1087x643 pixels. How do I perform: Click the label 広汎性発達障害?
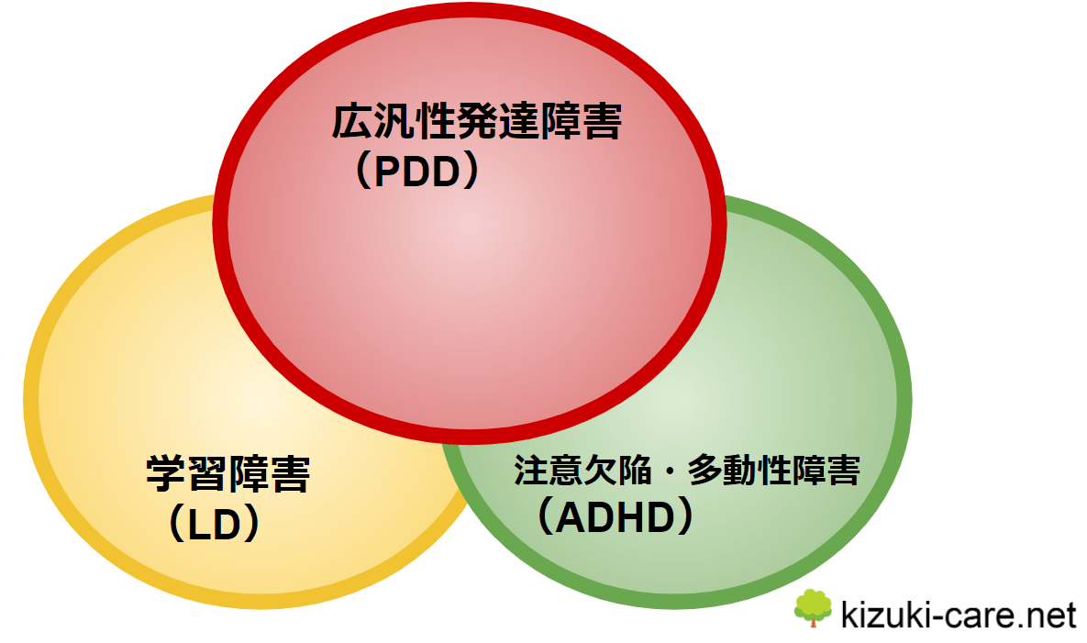click(476, 122)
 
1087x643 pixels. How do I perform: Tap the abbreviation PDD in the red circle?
click(416, 172)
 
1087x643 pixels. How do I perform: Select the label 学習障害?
click(227, 474)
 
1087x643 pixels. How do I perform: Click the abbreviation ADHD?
click(616, 517)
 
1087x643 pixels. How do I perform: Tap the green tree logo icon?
click(813, 608)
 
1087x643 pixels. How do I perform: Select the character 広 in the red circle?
click(351, 122)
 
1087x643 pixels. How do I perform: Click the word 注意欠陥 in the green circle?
click(582, 471)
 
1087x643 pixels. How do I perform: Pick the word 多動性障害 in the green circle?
click(773, 471)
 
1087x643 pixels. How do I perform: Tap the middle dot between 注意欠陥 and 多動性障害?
click(669, 471)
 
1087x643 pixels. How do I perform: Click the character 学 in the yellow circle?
click(166, 474)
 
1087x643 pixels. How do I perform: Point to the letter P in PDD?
click(387, 172)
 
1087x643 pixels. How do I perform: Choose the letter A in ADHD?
click(571, 517)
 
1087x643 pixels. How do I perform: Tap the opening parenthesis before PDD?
click(363, 172)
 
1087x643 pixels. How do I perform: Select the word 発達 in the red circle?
click(496, 122)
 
